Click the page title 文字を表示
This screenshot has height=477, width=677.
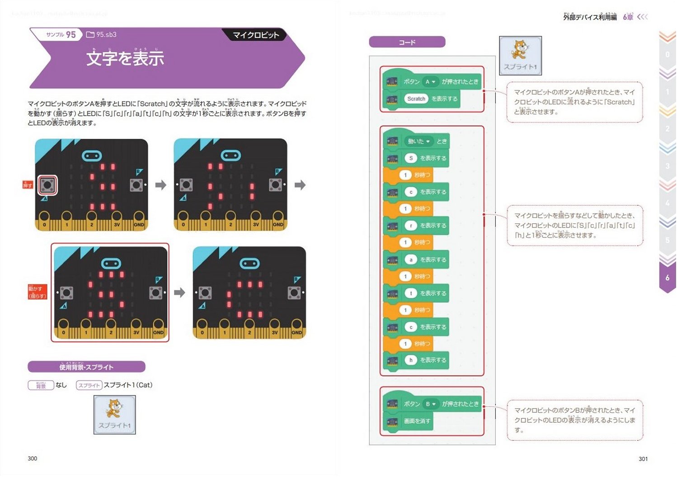125,58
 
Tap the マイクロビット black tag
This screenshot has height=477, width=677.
255,35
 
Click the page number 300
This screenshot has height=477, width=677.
33,458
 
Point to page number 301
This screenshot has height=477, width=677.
643,459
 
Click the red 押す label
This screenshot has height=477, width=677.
28,185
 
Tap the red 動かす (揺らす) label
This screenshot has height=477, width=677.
37,292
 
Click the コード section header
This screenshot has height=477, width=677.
407,43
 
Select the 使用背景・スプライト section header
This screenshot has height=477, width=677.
86,367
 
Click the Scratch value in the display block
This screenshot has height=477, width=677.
416,99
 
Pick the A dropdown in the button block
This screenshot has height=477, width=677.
430,82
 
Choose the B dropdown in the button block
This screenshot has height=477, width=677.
430,404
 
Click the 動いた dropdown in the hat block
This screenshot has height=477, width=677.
418,141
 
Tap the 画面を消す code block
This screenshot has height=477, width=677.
417,421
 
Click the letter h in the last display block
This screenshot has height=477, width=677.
411,360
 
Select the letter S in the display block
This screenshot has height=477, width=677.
411,158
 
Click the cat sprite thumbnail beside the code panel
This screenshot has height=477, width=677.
520,55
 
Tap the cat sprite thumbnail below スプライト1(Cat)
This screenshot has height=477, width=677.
114,414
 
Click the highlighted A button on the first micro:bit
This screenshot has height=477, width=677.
47,185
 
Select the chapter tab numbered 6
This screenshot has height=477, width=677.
667,278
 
